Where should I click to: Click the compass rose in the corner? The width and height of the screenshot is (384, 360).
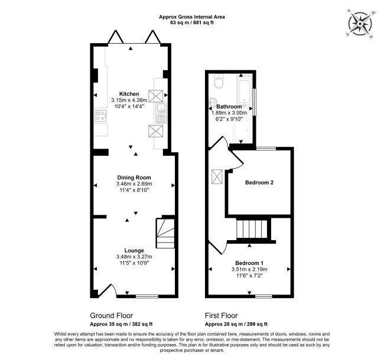pos(361,23)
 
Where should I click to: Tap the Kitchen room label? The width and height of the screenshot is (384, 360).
pos(129,94)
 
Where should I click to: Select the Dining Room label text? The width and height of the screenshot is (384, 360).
pos(134,177)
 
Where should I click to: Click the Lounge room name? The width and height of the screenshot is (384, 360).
pos(134,250)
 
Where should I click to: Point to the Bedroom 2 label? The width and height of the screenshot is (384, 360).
pos(259,182)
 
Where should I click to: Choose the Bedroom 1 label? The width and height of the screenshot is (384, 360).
pos(249,263)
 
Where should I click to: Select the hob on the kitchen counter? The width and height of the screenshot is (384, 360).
pos(99,115)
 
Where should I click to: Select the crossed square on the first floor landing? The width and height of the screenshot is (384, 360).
pos(217,176)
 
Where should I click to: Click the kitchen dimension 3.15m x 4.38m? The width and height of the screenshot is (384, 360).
pos(129,101)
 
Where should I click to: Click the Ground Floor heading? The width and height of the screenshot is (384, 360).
pos(111,316)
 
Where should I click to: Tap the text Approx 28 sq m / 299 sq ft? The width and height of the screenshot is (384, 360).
pos(236,324)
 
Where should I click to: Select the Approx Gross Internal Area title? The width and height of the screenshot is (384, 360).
pos(191,18)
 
